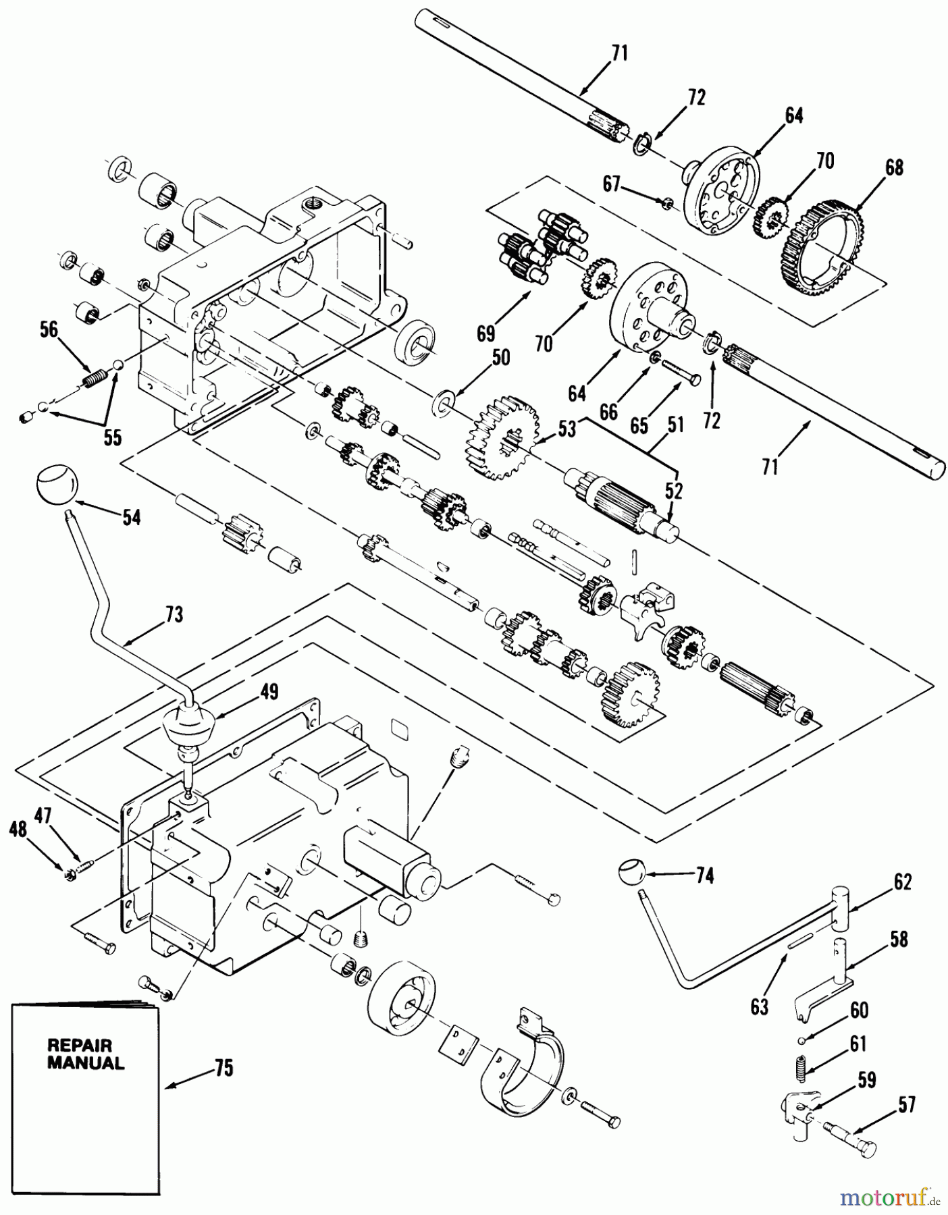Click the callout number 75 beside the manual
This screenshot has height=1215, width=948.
(223, 1069)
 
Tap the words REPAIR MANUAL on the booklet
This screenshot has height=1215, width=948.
(85, 1054)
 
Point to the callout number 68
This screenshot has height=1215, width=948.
(894, 167)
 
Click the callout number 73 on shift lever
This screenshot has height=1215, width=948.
(174, 615)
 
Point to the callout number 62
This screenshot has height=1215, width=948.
(902, 882)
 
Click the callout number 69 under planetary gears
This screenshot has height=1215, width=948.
(485, 333)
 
